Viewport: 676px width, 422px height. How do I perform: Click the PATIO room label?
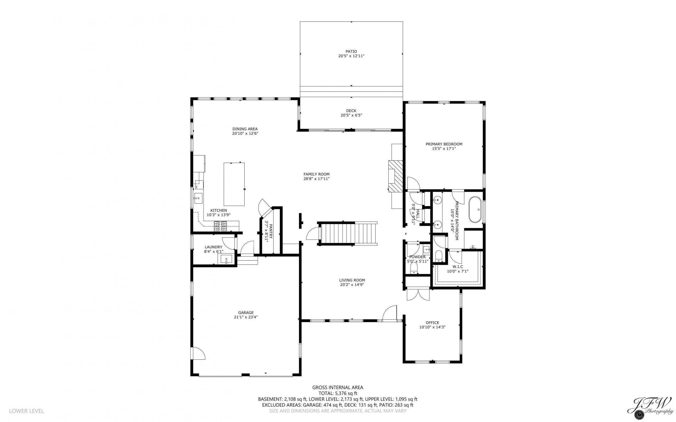(x=351, y=51)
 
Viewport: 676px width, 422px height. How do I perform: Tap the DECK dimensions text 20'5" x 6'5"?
(x=351, y=115)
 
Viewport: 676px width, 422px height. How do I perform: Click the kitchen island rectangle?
(x=234, y=184)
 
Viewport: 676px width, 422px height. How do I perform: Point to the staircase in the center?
(x=348, y=234)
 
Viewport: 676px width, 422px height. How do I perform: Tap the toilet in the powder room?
(x=414, y=269)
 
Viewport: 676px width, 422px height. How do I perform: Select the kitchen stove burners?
(x=220, y=226)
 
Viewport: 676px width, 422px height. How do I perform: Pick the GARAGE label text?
(x=246, y=313)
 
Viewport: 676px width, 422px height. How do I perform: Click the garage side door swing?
(x=198, y=353)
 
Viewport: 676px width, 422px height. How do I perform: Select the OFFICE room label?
(x=432, y=322)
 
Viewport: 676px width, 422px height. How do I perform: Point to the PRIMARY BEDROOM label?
(x=444, y=144)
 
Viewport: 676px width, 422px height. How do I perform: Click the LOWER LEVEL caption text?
(x=26, y=411)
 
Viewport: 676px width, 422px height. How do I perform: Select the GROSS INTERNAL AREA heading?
(x=338, y=388)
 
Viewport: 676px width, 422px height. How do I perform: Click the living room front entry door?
(x=390, y=313)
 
